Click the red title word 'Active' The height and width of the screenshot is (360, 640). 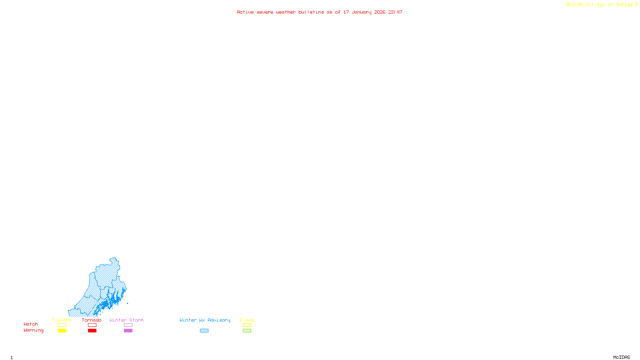point(245,12)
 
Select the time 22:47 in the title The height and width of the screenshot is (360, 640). point(395,12)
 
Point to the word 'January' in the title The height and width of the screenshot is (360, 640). point(362,12)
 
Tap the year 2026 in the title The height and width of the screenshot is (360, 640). point(380,12)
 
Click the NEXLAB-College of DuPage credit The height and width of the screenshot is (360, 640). point(599,4)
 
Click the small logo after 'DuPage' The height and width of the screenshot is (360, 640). point(636,4)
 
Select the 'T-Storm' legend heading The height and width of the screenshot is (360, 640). point(62,320)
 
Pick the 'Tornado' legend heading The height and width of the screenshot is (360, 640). point(92,320)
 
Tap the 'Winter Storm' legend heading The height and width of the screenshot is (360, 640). point(126,320)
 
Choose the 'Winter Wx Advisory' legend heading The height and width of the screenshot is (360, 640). point(205,320)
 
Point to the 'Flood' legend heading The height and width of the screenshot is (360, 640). point(247,320)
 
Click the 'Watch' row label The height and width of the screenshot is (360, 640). point(31,324)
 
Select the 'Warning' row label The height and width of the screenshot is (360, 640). point(34,330)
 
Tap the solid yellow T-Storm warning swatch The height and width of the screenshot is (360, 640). point(62,330)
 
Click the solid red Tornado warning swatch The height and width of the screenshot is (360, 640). point(92,330)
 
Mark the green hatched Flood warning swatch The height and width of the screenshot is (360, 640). point(247,330)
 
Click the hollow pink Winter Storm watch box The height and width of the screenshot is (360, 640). point(128,325)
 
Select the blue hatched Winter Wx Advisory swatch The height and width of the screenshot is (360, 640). point(204,330)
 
